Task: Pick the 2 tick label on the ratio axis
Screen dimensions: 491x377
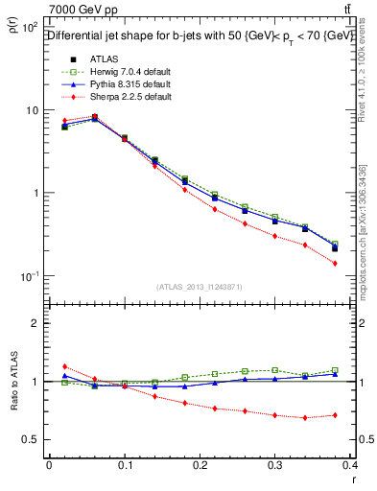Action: click(x=35, y=323)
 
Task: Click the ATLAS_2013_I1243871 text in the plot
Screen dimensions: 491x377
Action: click(x=200, y=287)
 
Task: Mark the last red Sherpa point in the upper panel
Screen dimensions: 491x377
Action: click(x=335, y=263)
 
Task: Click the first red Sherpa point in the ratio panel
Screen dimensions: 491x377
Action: click(x=64, y=366)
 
